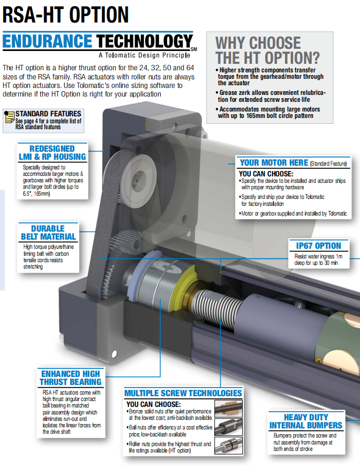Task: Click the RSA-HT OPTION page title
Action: tap(65, 15)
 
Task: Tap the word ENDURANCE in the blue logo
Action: tap(48, 41)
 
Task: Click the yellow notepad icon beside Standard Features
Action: tap(10, 117)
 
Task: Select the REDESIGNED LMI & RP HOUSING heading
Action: tap(52, 152)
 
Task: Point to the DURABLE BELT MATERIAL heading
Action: tap(48, 233)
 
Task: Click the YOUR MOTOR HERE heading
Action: tap(274, 162)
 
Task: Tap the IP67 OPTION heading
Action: tap(318, 246)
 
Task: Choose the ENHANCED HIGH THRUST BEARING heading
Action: tap(71, 377)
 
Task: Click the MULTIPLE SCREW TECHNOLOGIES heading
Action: tap(183, 393)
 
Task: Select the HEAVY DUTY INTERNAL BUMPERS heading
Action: tap(306, 421)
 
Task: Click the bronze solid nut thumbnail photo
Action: tap(229, 408)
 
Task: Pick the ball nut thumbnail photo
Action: tap(229, 427)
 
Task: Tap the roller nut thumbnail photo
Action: tap(229, 446)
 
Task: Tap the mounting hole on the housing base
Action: tap(114, 354)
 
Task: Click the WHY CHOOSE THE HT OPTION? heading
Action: tap(267, 50)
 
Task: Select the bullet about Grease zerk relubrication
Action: tap(271, 96)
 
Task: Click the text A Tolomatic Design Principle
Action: tap(145, 55)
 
